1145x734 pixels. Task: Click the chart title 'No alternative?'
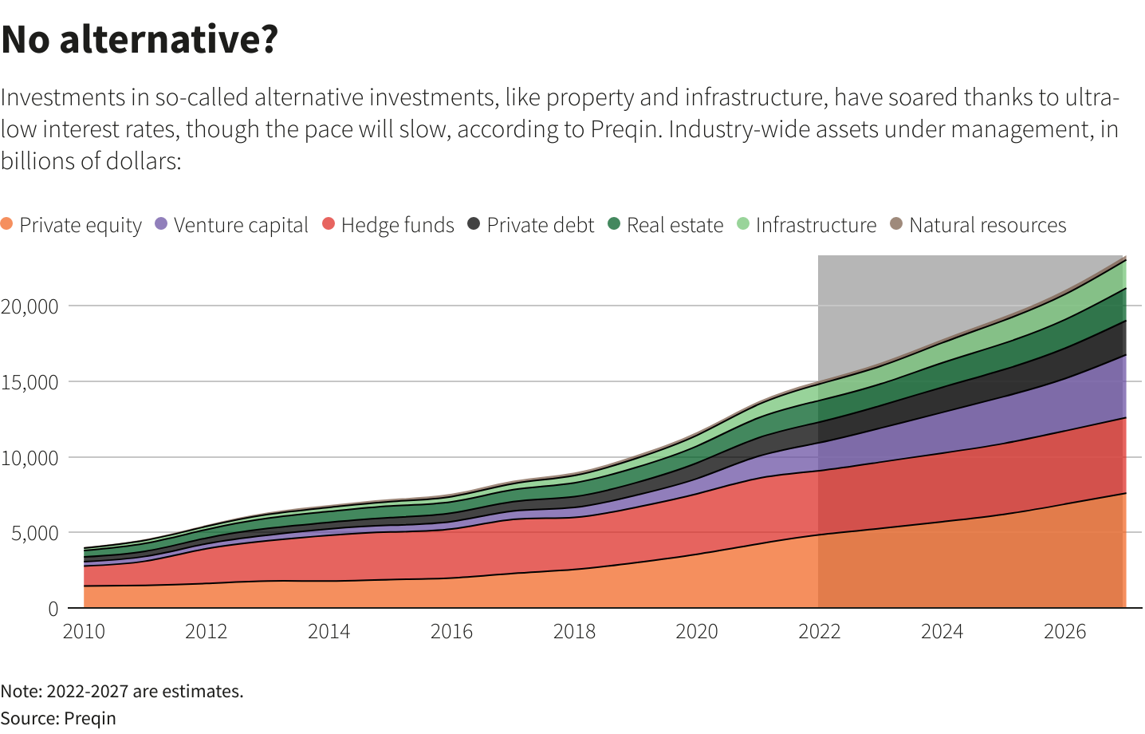point(140,39)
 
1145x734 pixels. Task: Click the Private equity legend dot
point(7,224)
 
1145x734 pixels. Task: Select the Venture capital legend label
point(241,226)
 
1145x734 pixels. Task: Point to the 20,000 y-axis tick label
point(30,306)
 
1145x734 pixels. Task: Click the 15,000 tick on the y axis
point(30,382)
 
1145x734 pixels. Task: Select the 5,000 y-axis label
point(34,533)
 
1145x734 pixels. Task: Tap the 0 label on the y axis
point(53,609)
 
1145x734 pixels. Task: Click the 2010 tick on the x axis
point(84,632)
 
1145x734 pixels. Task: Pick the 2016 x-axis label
point(451,632)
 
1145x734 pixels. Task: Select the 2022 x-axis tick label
point(820,632)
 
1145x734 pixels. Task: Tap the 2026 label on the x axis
point(1064,632)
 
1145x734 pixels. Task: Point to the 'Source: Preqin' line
point(58,718)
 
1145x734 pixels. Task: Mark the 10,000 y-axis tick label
point(30,458)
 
